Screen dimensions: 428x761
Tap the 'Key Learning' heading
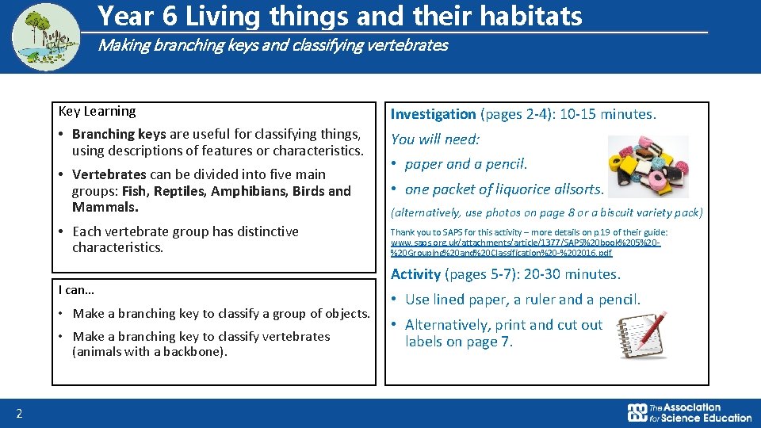97,111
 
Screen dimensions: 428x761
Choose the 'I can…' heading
77,289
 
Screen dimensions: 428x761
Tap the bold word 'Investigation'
433,114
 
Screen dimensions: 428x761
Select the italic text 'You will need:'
435,139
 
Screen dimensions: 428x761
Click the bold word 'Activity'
415,274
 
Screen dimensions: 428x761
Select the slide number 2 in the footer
19,413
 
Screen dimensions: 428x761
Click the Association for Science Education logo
689,412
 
